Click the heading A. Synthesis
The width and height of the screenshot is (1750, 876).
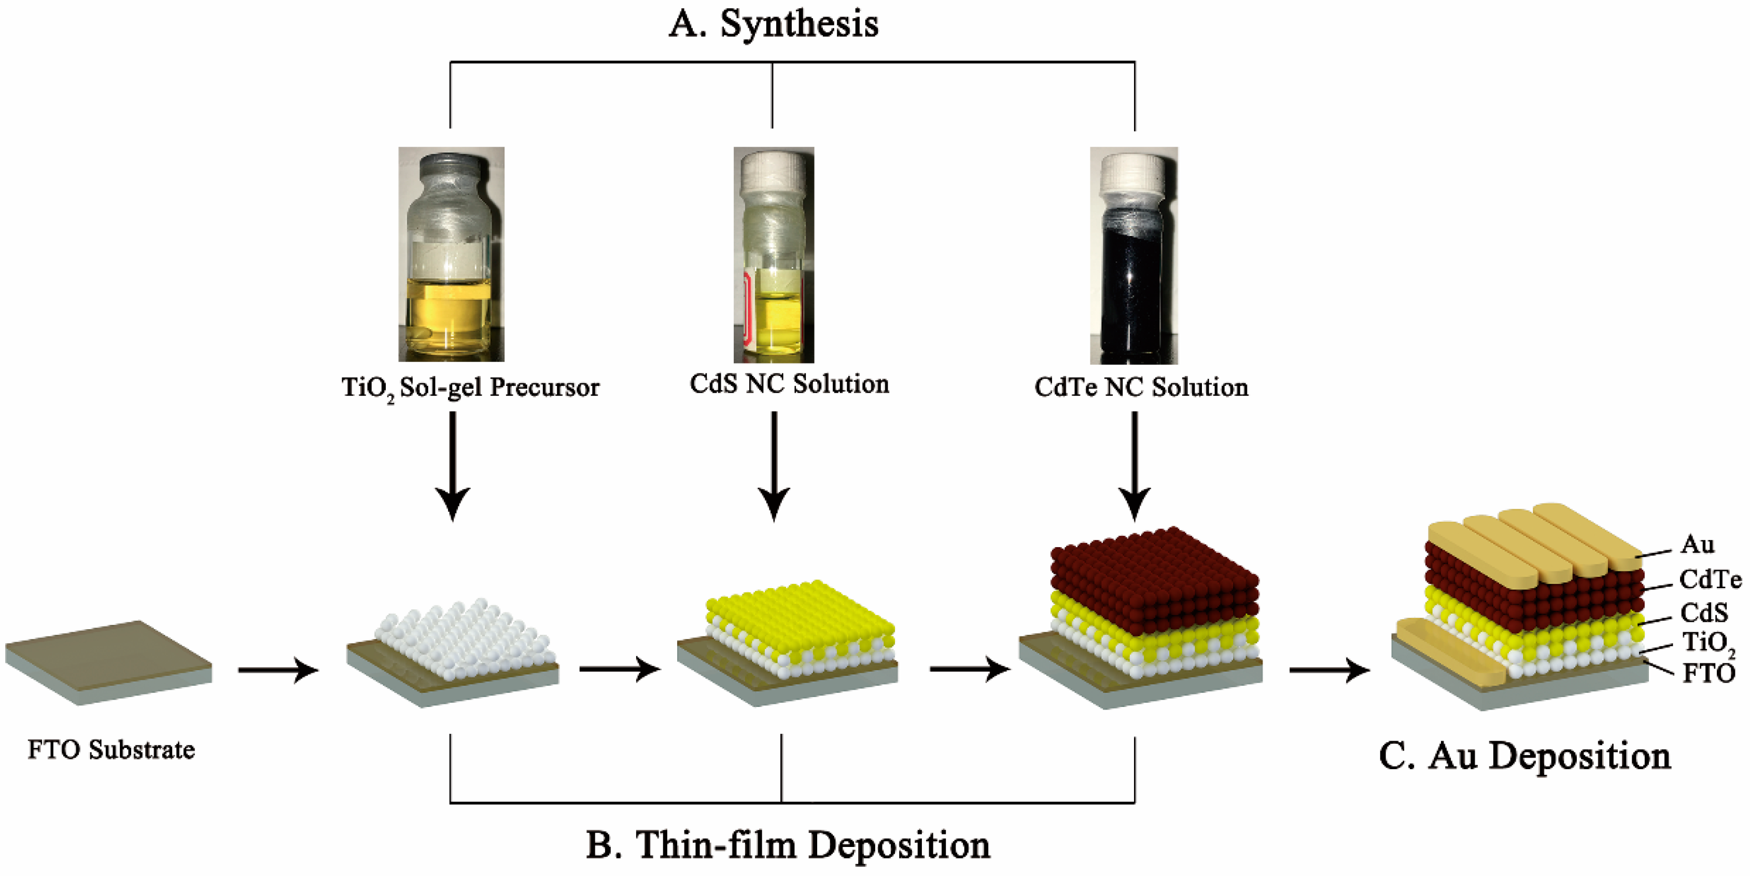[773, 24]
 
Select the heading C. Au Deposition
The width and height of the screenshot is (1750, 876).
[1524, 755]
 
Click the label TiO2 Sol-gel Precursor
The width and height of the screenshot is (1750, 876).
[470, 387]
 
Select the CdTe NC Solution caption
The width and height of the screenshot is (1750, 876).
[1141, 387]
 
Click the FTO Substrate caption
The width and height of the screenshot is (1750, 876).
[111, 749]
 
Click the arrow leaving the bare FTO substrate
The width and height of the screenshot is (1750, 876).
[278, 670]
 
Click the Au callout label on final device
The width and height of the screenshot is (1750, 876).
[1697, 545]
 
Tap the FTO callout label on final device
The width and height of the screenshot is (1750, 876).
[1708, 674]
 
